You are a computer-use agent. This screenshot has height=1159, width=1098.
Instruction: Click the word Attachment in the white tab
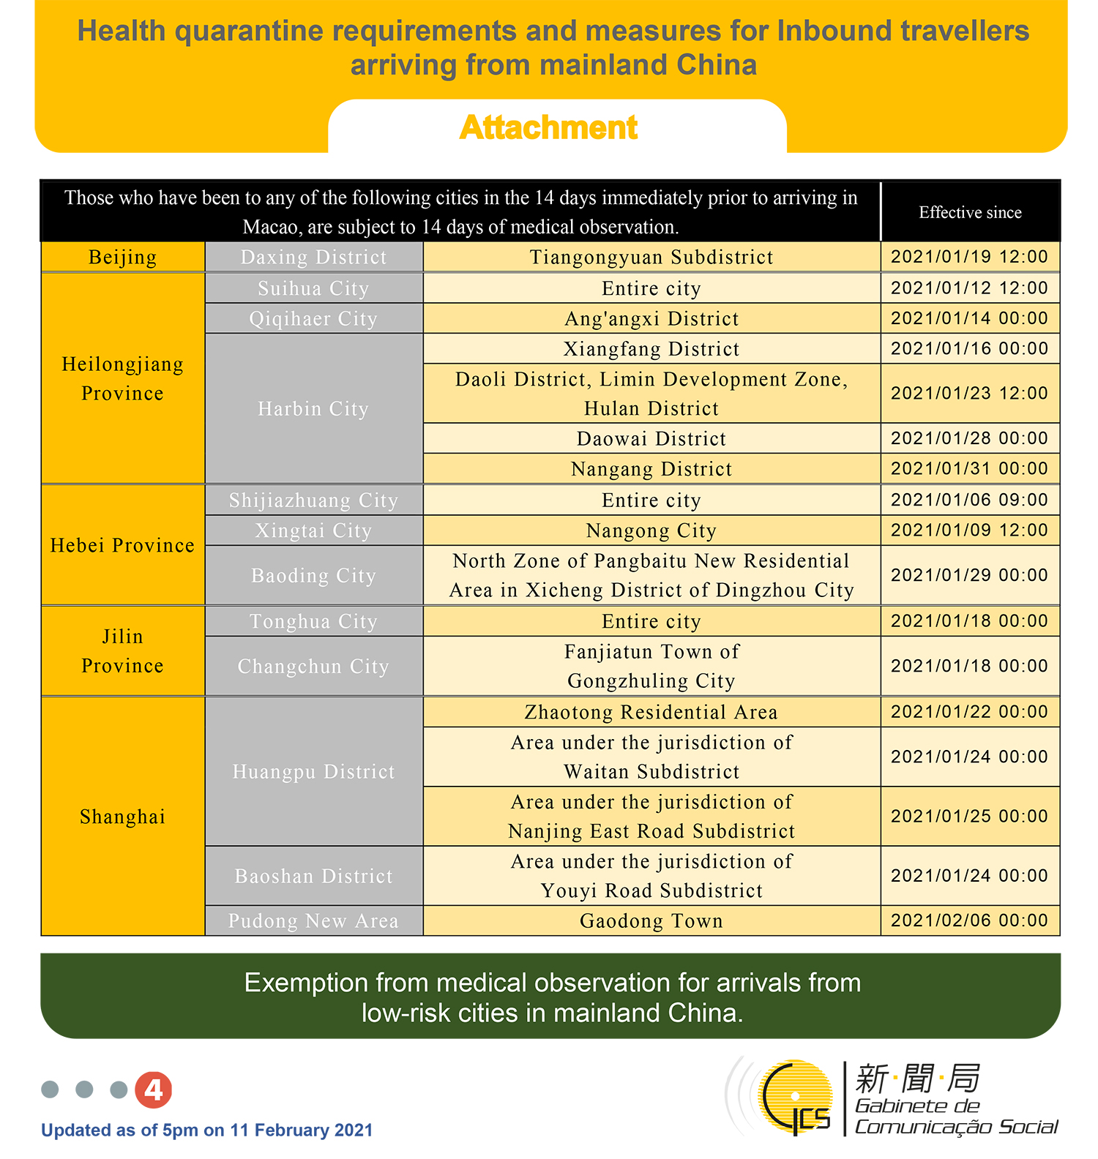(x=549, y=128)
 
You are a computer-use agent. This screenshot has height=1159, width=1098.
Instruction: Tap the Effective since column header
(x=970, y=213)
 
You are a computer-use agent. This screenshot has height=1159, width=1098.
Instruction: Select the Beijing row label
(x=122, y=258)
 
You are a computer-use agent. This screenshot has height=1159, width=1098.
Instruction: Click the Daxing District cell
(x=313, y=258)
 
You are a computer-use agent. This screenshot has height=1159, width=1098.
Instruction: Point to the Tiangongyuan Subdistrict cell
(x=651, y=258)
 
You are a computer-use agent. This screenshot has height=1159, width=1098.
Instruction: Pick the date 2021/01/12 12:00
(x=970, y=288)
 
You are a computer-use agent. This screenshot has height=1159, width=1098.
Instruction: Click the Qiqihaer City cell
(x=313, y=319)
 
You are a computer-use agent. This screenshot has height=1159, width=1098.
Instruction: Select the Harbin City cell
(x=313, y=408)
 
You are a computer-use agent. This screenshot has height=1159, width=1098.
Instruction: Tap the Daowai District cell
(x=651, y=439)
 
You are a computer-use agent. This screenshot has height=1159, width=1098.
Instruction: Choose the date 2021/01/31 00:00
(x=970, y=469)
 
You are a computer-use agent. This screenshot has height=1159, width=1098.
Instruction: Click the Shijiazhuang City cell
(x=313, y=500)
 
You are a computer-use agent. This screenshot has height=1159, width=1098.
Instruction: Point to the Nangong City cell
(x=651, y=530)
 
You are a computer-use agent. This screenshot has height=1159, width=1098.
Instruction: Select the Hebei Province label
(x=122, y=545)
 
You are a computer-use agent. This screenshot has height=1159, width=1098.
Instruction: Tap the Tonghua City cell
(x=313, y=621)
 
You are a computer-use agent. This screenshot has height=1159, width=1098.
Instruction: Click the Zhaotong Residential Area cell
(x=651, y=712)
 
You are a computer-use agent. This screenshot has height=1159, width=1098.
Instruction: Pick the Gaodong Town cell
(x=651, y=920)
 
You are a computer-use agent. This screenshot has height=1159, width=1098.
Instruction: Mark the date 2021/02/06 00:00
(x=970, y=920)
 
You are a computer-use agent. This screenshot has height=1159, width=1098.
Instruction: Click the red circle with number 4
(x=154, y=1090)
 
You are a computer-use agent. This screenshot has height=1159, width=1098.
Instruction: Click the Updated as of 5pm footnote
(x=207, y=1130)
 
